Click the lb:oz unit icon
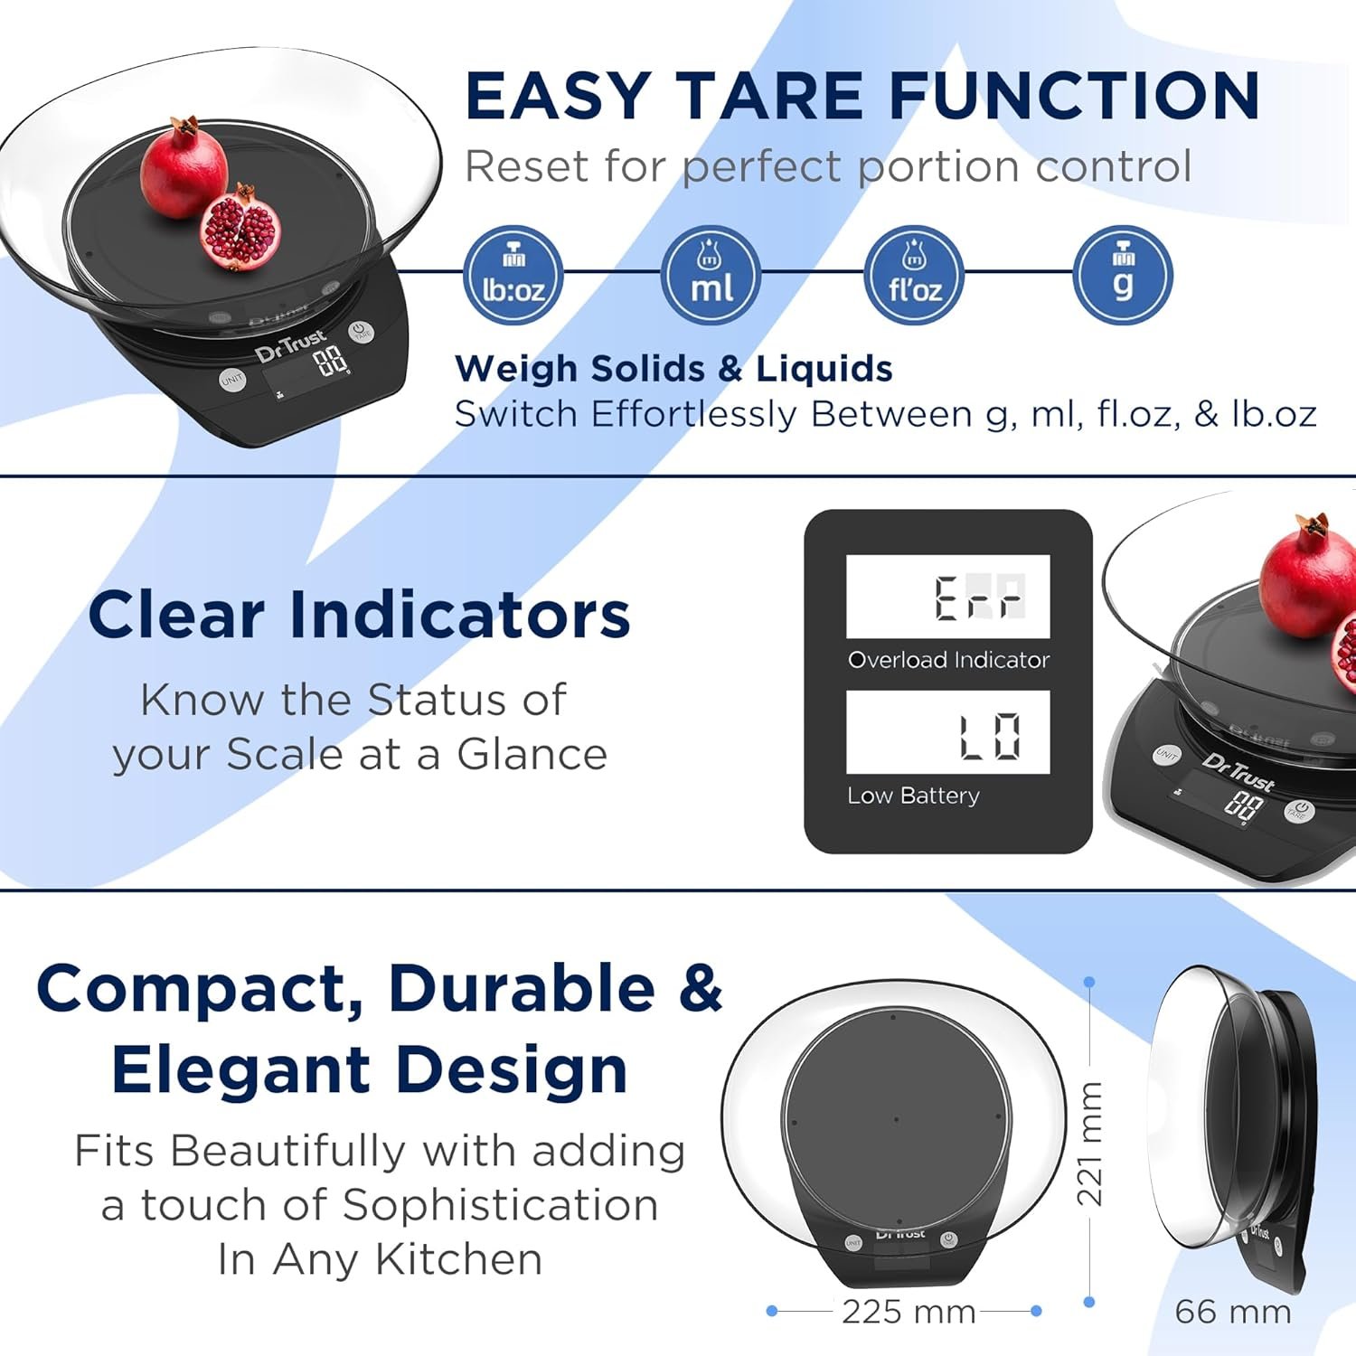click(513, 275)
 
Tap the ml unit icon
click(711, 275)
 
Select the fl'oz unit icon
click(914, 275)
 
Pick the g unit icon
click(1123, 275)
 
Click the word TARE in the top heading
click(771, 96)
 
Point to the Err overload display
click(948, 597)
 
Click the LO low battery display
click(948, 732)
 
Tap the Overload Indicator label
click(948, 660)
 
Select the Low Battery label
click(913, 796)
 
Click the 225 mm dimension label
click(909, 1312)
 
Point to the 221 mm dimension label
click(1090, 1144)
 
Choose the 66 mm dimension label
click(1233, 1312)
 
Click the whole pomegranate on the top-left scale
click(184, 168)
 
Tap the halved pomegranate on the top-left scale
click(240, 228)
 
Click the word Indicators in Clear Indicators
click(459, 616)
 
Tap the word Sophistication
click(500, 1206)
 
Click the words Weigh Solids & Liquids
click(673, 369)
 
